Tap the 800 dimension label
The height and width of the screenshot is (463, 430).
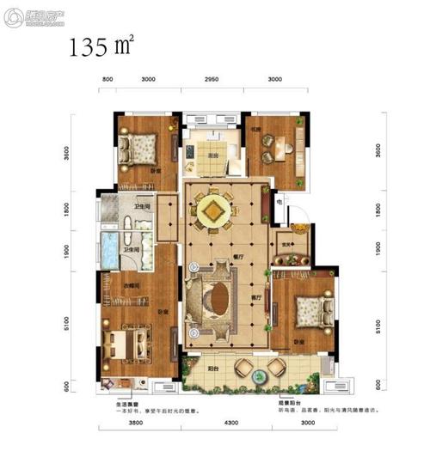[x=108, y=80]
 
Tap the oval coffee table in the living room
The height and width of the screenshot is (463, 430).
[x=213, y=299]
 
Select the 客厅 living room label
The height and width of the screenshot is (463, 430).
[x=256, y=297]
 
